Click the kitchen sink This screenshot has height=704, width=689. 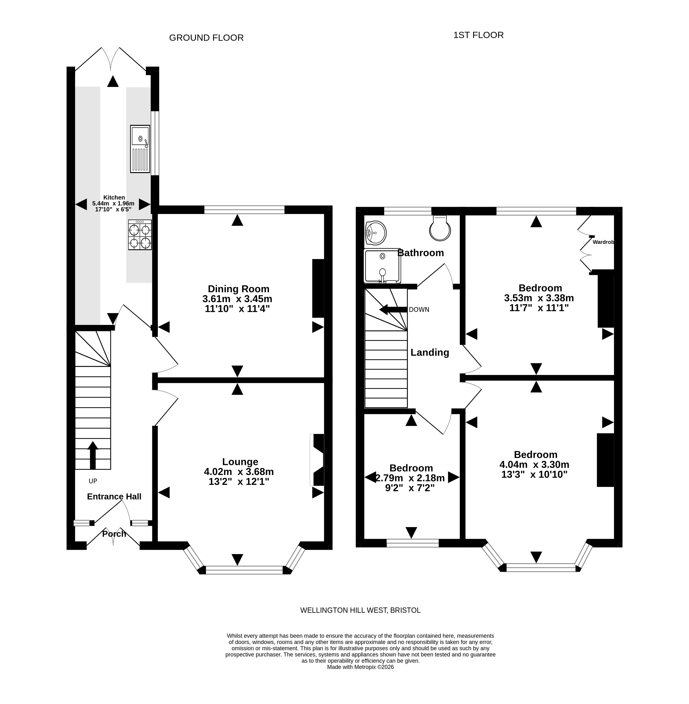[140, 149]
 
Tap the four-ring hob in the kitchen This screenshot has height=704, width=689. [140, 234]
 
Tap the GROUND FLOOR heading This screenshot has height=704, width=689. [206, 38]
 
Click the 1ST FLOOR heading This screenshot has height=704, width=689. [478, 35]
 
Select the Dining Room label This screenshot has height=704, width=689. [239, 289]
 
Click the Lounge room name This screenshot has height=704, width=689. [240, 462]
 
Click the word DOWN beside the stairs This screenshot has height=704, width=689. [419, 309]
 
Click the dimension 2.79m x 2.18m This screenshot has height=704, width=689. [410, 478]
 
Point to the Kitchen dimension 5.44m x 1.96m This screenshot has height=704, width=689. [113, 203]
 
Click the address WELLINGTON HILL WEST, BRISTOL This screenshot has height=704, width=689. [360, 610]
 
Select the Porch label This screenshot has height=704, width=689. [114, 533]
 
